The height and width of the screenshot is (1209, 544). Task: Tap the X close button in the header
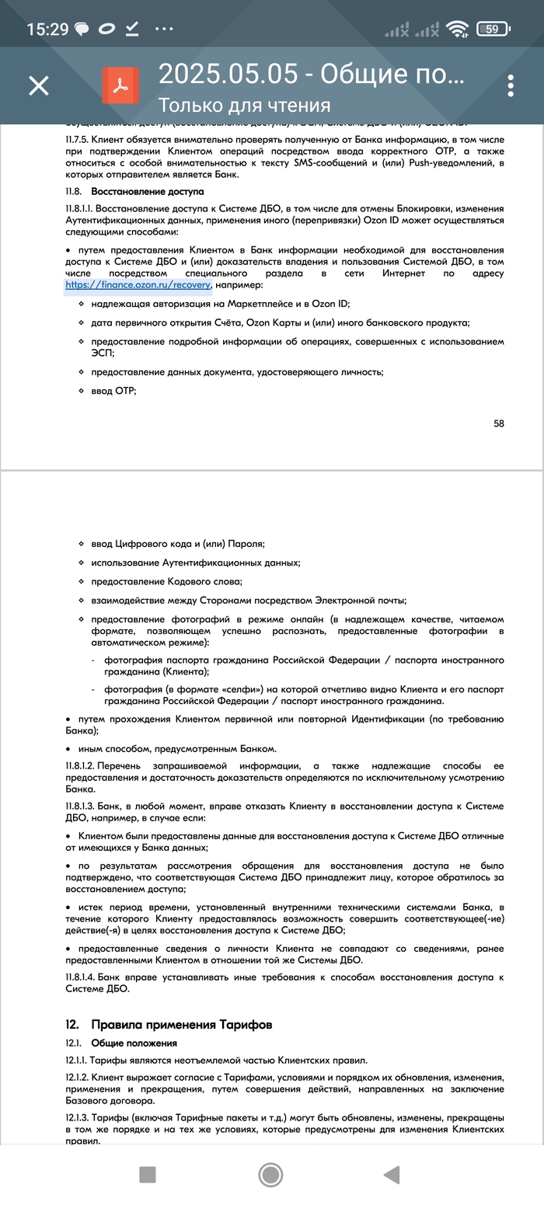(39, 85)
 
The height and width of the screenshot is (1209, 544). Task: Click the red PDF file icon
(120, 85)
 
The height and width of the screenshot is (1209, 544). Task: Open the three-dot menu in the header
(511, 85)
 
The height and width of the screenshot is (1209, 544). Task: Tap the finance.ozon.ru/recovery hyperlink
(138, 285)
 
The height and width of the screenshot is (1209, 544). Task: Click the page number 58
(499, 423)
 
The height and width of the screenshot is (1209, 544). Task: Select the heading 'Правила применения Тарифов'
(181, 1024)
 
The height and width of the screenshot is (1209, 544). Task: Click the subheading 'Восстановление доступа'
(148, 191)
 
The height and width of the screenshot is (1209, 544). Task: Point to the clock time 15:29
(48, 30)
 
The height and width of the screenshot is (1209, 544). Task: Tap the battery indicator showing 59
(493, 30)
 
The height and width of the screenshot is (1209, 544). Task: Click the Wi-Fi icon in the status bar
(458, 30)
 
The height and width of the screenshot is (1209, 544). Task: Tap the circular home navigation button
(270, 1174)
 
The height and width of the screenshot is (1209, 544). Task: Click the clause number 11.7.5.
(78, 138)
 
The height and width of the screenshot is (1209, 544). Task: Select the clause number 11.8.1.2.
(81, 766)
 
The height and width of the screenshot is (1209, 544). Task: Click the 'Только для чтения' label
(244, 105)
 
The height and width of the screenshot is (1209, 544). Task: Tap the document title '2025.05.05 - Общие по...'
(311, 74)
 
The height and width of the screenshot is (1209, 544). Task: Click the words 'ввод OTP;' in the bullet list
(113, 391)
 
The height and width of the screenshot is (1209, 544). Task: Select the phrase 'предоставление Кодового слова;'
(166, 581)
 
